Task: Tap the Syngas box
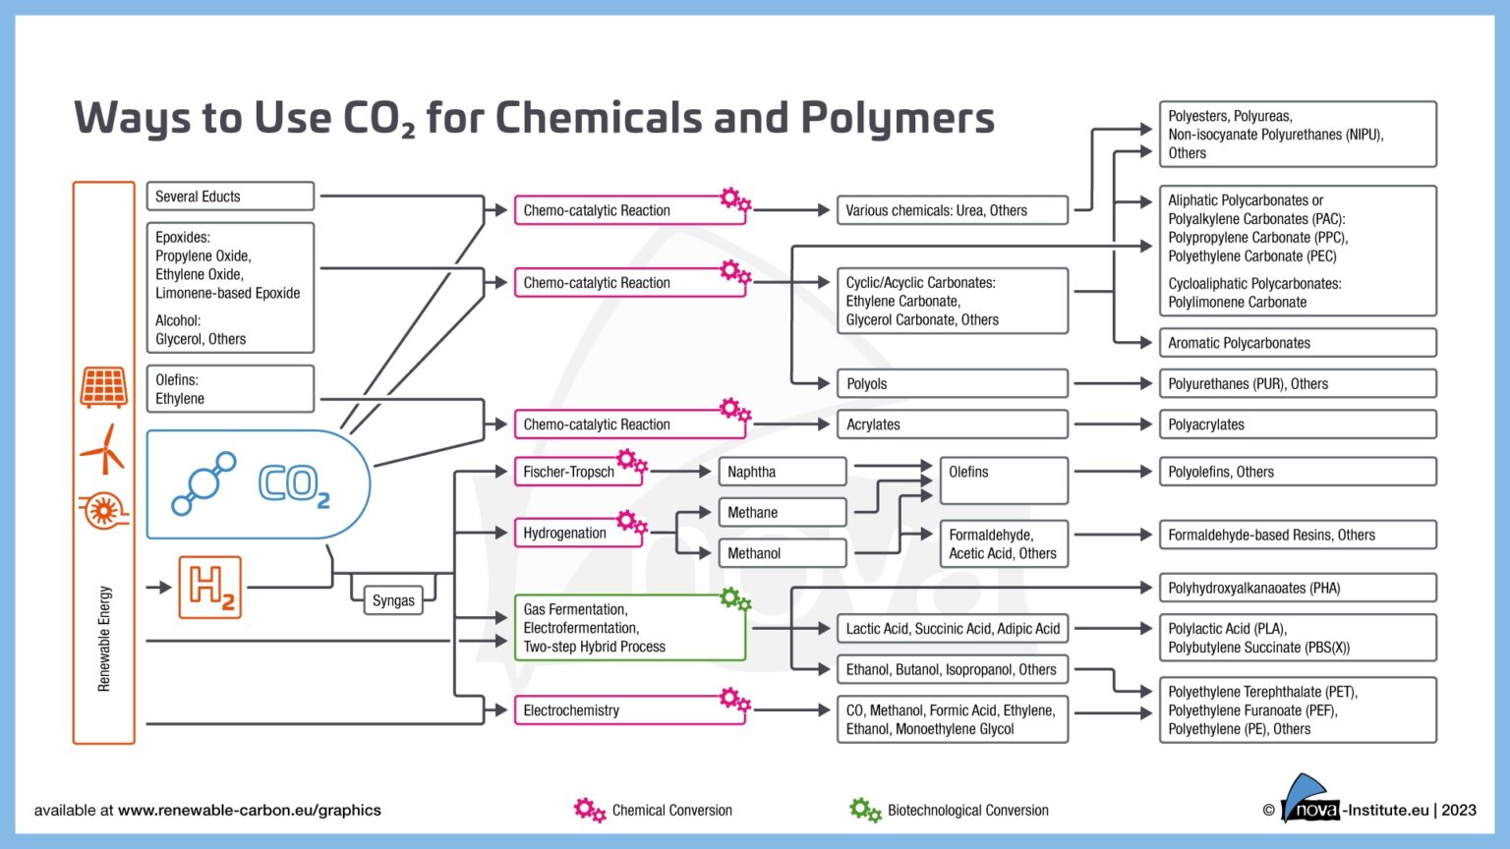[x=393, y=600]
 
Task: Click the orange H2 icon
[x=210, y=587]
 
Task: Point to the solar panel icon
[x=103, y=387]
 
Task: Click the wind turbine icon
[x=103, y=450]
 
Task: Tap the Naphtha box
[x=782, y=472]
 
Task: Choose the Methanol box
[x=782, y=553]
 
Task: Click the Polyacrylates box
[x=1297, y=424]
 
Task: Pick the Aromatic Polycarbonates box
[x=1297, y=343]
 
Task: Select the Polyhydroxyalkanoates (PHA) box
[x=1297, y=588]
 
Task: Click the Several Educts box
[x=230, y=197]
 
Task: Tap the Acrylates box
[x=951, y=424]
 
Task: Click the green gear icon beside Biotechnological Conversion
[x=865, y=811]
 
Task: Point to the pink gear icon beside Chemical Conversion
[x=589, y=811]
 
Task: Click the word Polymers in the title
[x=897, y=118]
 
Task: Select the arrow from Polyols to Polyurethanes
[x=1113, y=383]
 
